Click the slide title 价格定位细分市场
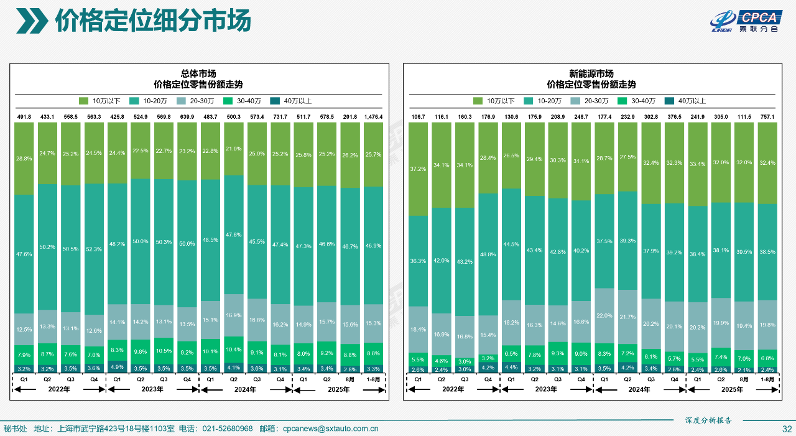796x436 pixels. [x=152, y=21]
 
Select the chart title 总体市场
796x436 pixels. [x=202, y=73]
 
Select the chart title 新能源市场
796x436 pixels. [x=595, y=73]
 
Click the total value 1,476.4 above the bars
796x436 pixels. [x=373, y=116]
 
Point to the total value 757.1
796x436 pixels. [x=767, y=116]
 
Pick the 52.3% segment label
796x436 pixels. [x=94, y=249]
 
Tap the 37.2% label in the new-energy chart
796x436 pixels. [x=418, y=169]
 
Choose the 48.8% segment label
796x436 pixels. [x=488, y=254]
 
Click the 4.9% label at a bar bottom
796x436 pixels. [x=117, y=368]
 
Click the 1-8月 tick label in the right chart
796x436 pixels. [x=767, y=378]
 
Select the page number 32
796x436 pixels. [x=787, y=429]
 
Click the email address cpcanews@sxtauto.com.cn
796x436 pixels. [x=330, y=429]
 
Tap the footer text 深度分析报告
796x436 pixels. [x=708, y=420]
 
